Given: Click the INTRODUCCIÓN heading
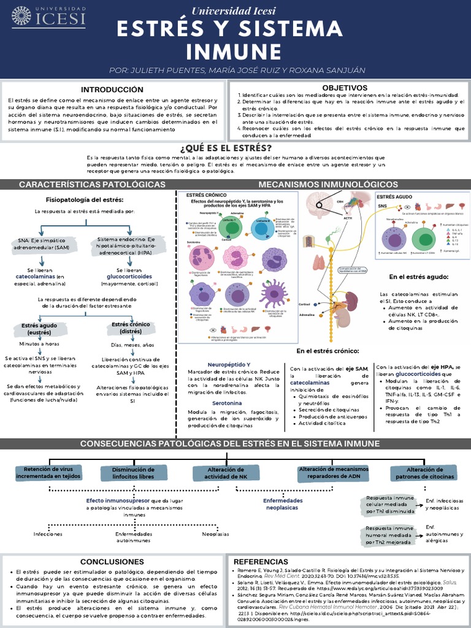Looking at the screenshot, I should (x=112, y=89).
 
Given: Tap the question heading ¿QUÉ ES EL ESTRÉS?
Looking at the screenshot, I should (x=234, y=148).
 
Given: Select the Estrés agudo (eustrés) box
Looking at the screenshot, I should (x=39, y=329).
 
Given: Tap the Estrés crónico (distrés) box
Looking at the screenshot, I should (x=131, y=327).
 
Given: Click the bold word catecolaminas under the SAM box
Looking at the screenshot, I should (x=37, y=277).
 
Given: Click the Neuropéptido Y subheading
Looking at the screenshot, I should (x=229, y=364).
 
